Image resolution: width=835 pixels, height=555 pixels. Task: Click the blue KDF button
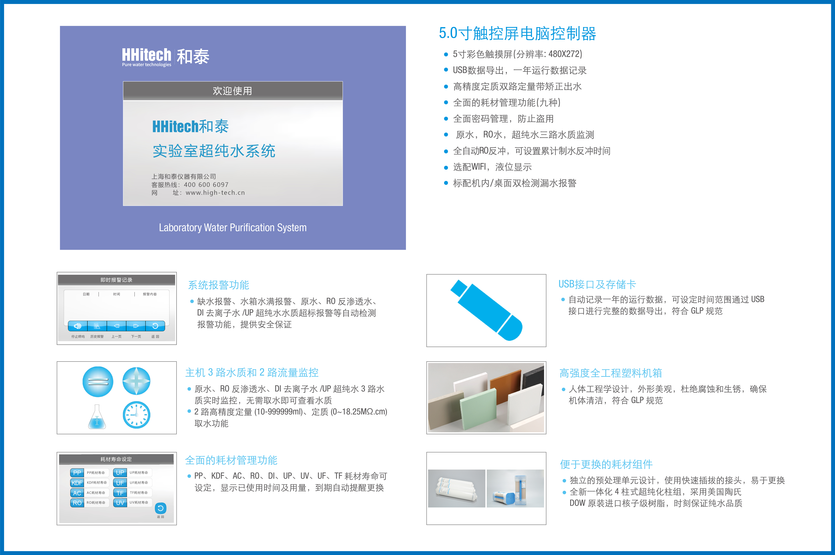77,483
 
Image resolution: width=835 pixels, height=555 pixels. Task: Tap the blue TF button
120,493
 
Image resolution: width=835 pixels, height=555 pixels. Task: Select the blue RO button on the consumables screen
77,503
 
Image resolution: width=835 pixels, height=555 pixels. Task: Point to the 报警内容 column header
150,294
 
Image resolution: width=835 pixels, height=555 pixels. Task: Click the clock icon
136,415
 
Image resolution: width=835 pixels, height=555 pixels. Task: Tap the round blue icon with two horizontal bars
98,382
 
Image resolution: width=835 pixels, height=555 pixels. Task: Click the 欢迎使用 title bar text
233,91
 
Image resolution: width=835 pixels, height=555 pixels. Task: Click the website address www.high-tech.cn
215,193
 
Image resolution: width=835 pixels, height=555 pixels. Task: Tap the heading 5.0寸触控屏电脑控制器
518,34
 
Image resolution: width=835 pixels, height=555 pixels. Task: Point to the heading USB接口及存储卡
597,284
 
